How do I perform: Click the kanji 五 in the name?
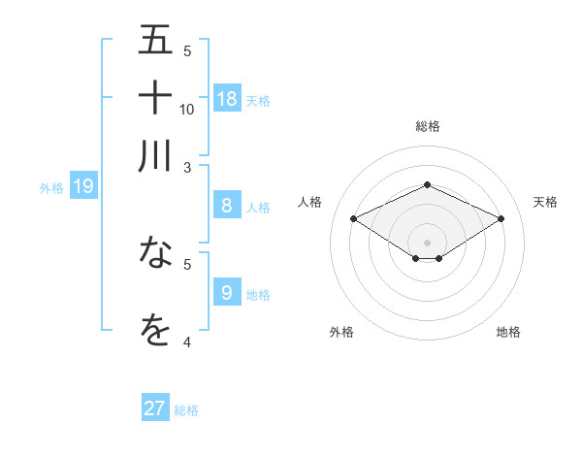coord(155,40)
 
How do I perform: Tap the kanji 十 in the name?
coord(155,98)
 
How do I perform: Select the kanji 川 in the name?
coord(155,156)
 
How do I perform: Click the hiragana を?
coord(155,330)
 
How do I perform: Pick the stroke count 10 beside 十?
coord(187,109)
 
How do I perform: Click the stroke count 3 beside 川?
coord(187,167)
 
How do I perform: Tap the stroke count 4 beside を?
coord(187,342)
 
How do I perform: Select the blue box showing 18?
coord(227,98)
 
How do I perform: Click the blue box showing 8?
coord(227,205)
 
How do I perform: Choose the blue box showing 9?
coord(227,291)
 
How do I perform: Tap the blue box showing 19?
coord(83,186)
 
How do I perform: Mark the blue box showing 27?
coord(155,408)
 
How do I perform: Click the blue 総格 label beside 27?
coord(186,410)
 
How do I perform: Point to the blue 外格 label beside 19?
coord(51,188)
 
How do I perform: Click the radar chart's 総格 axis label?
coord(427,126)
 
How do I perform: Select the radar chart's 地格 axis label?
coord(508,332)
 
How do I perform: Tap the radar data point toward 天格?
coord(501,219)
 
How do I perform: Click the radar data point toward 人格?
coord(354,219)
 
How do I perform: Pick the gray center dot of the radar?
coord(427,241)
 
